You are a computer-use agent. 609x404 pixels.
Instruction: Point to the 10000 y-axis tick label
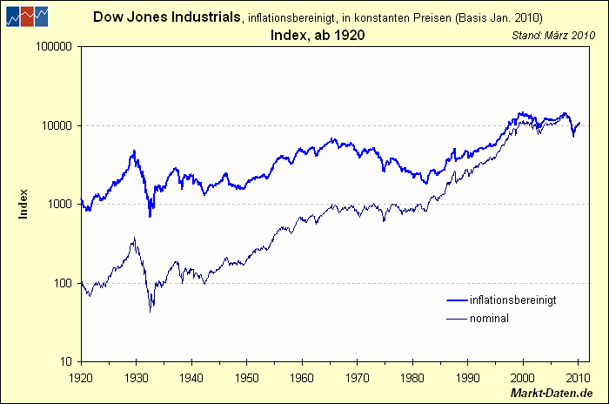tap(57, 125)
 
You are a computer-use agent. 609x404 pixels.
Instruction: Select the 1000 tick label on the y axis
tap(60, 204)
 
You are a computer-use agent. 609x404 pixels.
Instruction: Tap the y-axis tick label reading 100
tap(63, 283)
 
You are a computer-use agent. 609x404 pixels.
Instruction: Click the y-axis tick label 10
tap(65, 361)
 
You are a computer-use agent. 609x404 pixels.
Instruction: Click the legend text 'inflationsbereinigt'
tap(512, 300)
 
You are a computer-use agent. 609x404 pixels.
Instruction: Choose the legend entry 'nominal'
tap(489, 319)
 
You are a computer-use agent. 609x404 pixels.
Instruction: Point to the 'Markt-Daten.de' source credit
tap(555, 394)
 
